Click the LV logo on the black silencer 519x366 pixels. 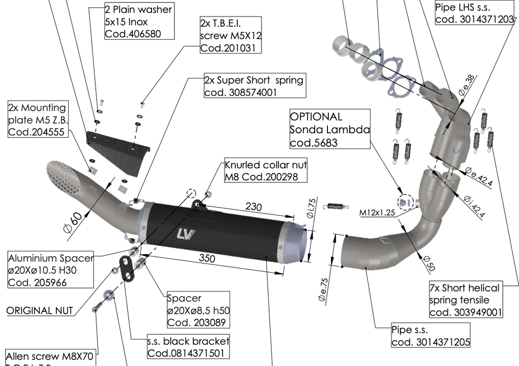[186, 234]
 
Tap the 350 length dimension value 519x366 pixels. [207, 258]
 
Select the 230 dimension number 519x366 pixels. [253, 207]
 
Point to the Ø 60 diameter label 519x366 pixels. [72, 223]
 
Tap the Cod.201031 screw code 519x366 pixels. [228, 48]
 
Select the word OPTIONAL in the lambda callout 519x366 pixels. [316, 117]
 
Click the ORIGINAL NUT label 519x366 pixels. [40, 311]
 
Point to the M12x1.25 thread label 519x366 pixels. [377, 212]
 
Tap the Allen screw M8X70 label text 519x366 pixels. [50, 356]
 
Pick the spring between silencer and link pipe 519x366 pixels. [338, 206]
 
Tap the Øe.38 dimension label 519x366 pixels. [467, 85]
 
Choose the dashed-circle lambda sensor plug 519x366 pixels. [405, 202]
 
